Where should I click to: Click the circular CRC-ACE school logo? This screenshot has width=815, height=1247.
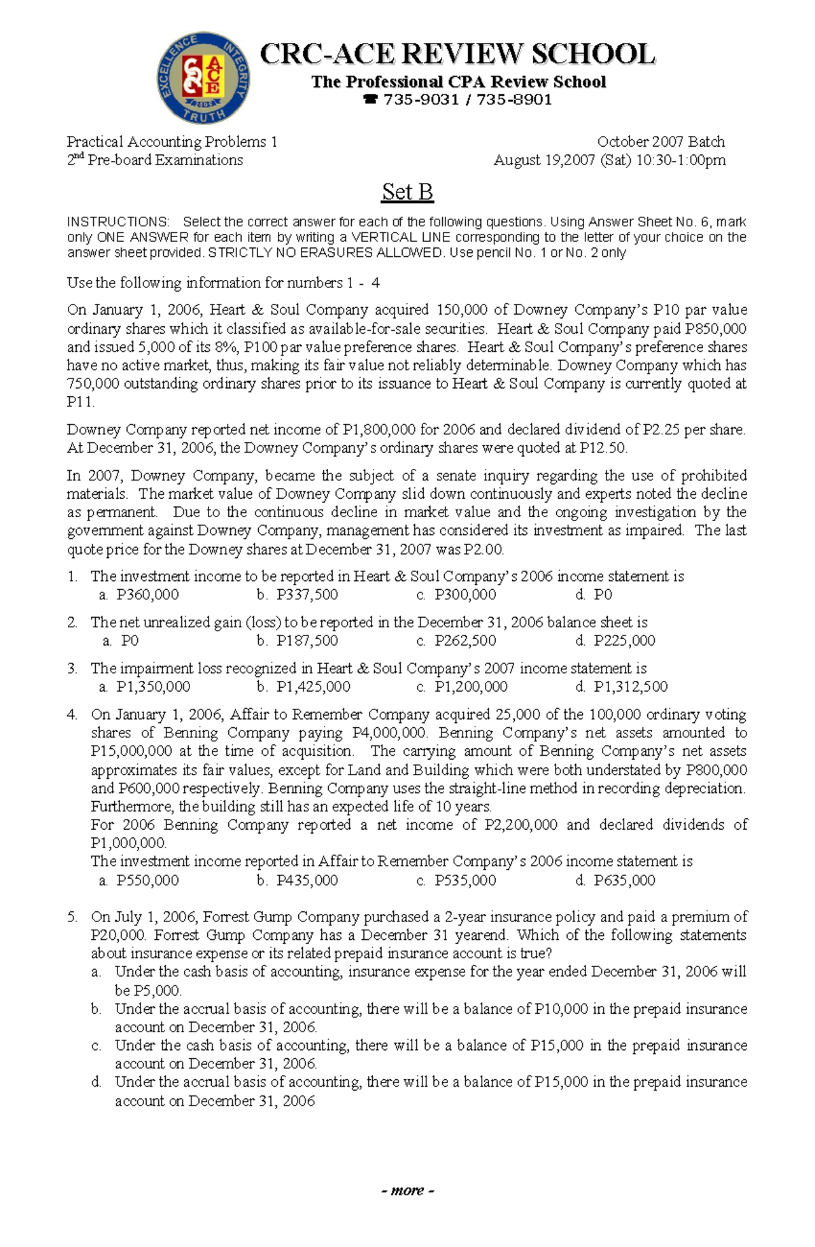[204, 77]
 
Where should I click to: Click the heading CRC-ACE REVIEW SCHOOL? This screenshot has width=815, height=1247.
[457, 54]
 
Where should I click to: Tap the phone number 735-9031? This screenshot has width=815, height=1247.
[421, 100]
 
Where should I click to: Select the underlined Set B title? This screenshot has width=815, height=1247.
[407, 192]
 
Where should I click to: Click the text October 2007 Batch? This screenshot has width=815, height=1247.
[660, 142]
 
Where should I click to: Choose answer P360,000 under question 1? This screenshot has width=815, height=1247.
[147, 595]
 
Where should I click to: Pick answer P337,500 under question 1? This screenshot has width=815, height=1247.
[306, 595]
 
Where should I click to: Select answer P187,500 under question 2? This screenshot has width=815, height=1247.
[306, 641]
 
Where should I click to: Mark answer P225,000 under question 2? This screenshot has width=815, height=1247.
[623, 641]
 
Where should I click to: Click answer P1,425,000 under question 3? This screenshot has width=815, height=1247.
[313, 687]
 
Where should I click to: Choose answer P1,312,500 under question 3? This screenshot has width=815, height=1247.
[630, 687]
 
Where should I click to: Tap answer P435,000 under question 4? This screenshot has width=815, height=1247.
[306, 881]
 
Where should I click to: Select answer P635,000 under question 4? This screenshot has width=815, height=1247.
[623, 881]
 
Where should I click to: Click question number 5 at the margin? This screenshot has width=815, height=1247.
[72, 917]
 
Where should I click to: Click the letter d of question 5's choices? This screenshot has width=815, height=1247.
[96, 1082]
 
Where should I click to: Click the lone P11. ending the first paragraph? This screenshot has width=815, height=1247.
[80, 402]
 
